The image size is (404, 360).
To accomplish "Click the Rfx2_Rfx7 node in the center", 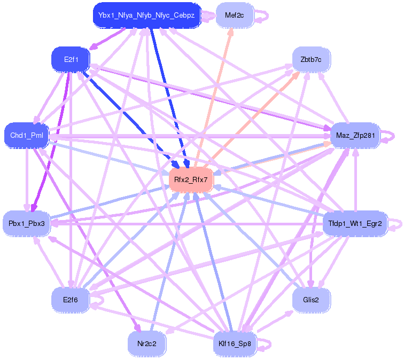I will tap(191, 179).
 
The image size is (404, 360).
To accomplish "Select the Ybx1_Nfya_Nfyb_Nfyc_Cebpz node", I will tap(146, 15).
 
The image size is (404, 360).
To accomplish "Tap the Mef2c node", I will tap(234, 15).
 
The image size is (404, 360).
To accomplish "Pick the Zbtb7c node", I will tap(311, 59).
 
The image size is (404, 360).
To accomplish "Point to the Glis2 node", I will tap(311, 300).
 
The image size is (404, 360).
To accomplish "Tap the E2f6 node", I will tap(70, 300).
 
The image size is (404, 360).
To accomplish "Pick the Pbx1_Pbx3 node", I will tap(27, 223).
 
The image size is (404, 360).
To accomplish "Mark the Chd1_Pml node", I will tap(26, 136).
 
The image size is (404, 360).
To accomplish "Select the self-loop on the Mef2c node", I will tap(263, 15).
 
